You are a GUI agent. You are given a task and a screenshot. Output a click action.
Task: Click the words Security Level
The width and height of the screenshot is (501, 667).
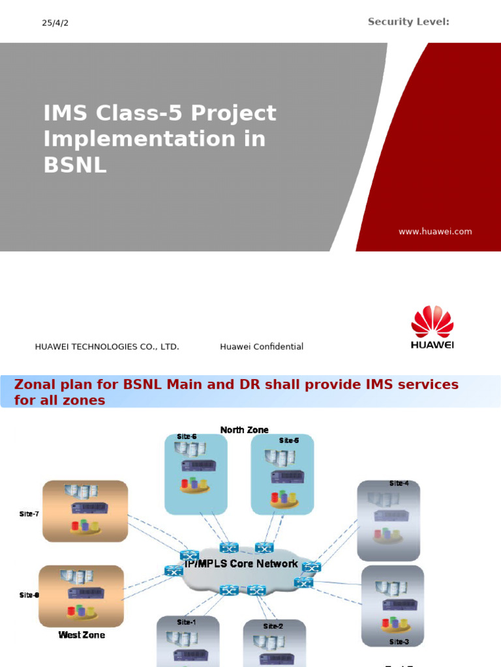(408, 22)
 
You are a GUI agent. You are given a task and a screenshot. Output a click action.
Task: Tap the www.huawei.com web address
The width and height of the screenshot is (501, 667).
(435, 231)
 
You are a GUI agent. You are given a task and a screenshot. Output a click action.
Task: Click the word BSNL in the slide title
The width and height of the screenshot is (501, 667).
(74, 165)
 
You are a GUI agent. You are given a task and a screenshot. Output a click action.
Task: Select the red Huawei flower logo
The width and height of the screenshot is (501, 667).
(432, 322)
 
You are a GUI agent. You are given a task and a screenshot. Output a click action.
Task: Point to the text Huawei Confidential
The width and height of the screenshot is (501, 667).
(262, 347)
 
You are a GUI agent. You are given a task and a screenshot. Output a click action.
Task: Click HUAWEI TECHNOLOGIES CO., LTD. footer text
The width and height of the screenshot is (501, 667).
(107, 347)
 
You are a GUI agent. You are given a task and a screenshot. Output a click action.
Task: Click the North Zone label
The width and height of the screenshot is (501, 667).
(244, 430)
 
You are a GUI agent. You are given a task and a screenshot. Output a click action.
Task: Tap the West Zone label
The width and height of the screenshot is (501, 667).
(82, 634)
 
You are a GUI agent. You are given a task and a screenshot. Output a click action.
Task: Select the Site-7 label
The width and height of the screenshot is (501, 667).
(29, 514)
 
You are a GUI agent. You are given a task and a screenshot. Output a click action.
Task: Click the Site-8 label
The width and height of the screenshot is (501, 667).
(29, 595)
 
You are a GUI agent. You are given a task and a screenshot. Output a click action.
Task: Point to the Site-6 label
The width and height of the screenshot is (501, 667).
(187, 436)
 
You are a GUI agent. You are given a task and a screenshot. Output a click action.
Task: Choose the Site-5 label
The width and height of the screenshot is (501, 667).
(289, 440)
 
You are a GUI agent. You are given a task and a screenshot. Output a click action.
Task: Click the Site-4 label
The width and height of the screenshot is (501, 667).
(399, 483)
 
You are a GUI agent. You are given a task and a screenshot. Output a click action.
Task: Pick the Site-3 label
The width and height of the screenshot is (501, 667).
(399, 642)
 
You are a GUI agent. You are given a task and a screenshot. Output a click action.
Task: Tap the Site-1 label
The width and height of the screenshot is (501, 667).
(187, 622)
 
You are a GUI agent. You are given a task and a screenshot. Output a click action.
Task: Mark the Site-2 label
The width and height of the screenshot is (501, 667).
(273, 626)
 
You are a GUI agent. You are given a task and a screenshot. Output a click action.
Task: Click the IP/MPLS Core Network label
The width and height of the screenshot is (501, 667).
(241, 564)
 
